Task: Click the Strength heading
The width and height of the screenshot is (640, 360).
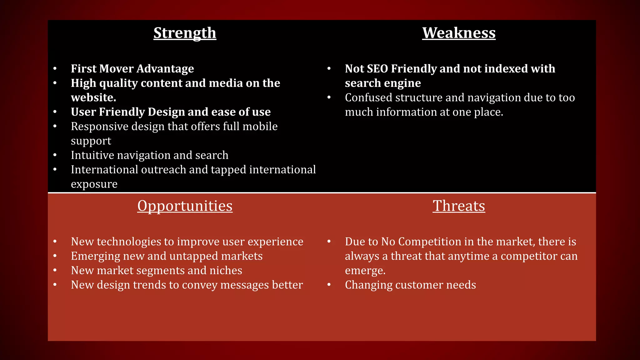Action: click(185, 33)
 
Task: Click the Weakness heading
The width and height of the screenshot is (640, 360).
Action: click(459, 33)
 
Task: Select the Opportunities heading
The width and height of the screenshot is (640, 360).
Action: click(185, 206)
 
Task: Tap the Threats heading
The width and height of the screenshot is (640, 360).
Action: click(459, 206)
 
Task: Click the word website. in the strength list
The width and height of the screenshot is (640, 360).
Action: click(93, 97)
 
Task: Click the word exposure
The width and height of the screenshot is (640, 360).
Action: click(94, 184)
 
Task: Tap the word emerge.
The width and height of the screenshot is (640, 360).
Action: click(365, 271)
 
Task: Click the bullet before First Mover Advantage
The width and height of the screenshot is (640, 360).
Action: click(55, 68)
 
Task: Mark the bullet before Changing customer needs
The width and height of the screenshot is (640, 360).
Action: click(329, 285)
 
